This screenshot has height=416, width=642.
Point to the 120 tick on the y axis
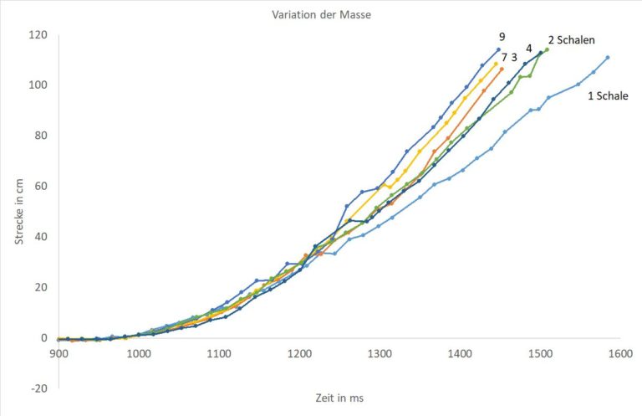(x=39, y=35)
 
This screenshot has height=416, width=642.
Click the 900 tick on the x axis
(x=59, y=354)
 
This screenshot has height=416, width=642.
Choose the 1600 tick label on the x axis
(x=619, y=354)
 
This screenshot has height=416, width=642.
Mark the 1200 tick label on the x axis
(x=298, y=354)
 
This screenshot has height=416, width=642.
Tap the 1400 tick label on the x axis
(x=459, y=354)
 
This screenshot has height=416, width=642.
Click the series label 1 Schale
(x=608, y=96)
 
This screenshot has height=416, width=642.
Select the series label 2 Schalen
(x=576, y=39)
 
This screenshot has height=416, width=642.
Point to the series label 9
(x=502, y=37)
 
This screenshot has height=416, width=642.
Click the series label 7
(x=504, y=57)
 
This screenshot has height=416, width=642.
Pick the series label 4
(x=529, y=49)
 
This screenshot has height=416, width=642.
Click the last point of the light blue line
(x=608, y=58)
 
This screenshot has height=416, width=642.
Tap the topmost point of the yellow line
(x=496, y=64)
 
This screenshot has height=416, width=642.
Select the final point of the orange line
(x=502, y=69)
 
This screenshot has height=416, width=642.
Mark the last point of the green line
(x=547, y=49)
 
